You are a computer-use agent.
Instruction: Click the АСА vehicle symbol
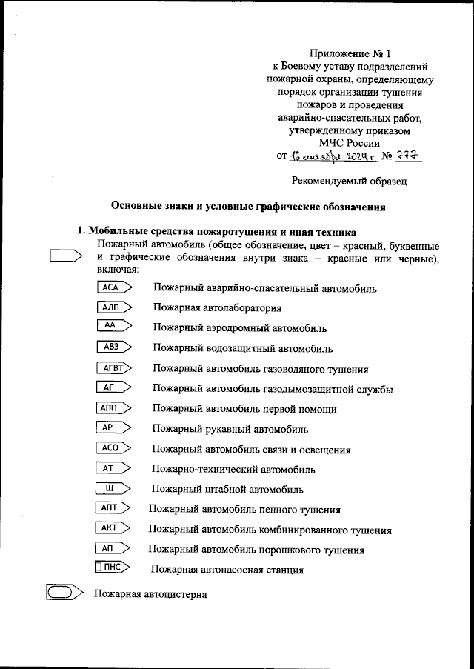(x=113, y=287)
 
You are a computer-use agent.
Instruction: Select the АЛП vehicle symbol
(x=113, y=307)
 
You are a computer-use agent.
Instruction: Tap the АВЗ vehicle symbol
(x=113, y=347)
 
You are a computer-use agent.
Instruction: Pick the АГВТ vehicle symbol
(x=113, y=368)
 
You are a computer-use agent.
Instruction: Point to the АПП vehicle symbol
(x=113, y=408)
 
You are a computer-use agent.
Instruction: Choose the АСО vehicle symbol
(x=113, y=448)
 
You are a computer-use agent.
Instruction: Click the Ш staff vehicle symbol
(x=113, y=488)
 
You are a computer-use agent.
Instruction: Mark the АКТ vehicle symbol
(x=113, y=529)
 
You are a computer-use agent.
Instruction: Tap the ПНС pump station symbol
(x=113, y=568)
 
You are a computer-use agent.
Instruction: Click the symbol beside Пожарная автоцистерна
(x=63, y=593)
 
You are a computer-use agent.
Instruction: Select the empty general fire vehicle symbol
(x=64, y=256)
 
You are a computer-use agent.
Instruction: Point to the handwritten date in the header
(x=333, y=157)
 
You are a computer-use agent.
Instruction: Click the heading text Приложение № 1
(x=347, y=53)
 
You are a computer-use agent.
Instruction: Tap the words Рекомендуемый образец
(x=347, y=180)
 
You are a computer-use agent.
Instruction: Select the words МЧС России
(x=349, y=143)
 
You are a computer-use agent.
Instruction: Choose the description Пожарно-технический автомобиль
(x=233, y=470)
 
